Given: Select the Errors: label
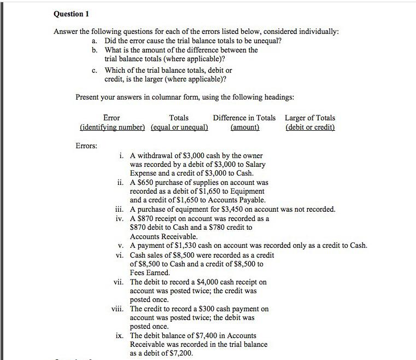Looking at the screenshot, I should pyautogui.click(x=86, y=146).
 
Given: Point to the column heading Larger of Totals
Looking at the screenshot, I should pyautogui.click(x=310, y=118).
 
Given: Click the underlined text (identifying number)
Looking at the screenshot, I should pyautogui.click(x=112, y=127).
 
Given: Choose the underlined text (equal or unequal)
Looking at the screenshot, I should pyautogui.click(x=179, y=127).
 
